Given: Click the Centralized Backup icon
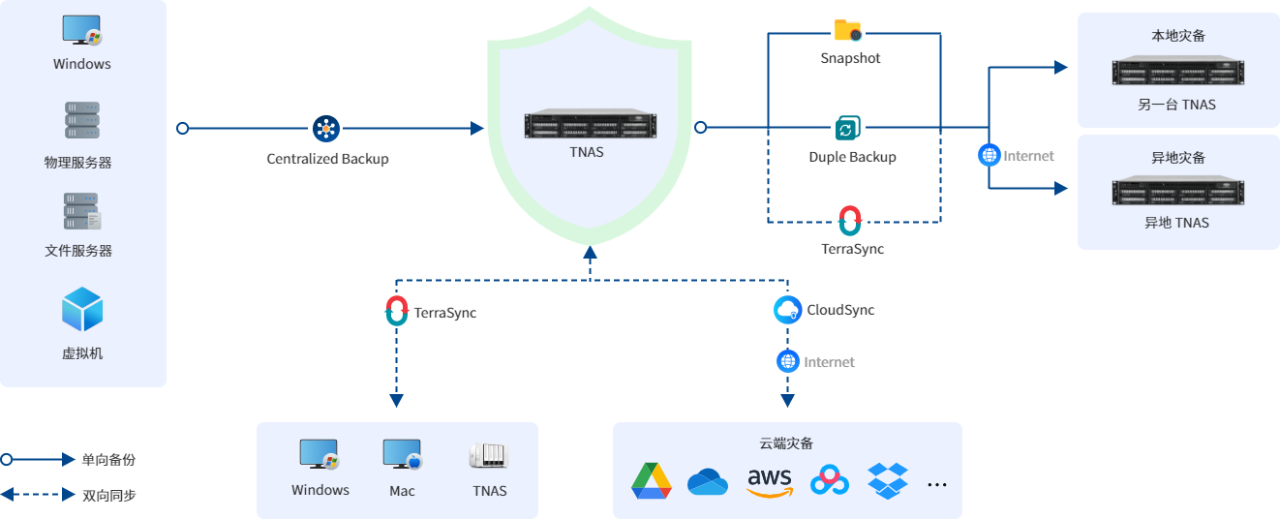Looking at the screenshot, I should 325,129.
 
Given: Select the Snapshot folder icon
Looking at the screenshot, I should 848,31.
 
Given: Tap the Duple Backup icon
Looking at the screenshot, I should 848,129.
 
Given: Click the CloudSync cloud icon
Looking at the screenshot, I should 788,310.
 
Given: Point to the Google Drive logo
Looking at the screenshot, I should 652,481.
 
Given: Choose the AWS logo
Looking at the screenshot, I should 770,481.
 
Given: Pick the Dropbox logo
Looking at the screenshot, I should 887,480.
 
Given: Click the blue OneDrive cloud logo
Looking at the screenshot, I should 708,481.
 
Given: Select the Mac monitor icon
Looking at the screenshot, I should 402,455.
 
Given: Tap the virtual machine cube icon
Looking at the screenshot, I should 82,310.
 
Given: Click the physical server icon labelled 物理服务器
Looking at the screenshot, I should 82,121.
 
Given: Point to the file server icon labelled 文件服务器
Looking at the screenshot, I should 82,211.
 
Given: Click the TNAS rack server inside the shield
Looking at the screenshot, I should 590,126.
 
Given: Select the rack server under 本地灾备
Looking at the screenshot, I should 1177,72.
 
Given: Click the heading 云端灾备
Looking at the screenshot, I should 786,443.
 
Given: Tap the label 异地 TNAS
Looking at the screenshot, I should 1176,223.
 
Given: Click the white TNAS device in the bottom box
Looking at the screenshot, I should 489,455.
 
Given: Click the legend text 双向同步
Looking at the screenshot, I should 108,495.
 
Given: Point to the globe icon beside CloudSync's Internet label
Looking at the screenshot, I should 788,361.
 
